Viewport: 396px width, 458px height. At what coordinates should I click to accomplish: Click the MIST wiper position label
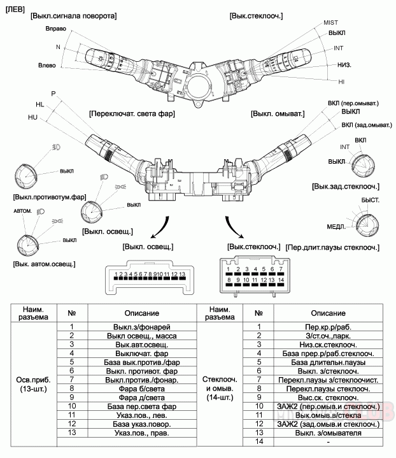tap(330, 23)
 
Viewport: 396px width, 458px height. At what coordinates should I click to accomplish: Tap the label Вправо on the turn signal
tap(56, 29)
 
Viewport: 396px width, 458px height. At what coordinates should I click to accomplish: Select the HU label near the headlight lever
tap(32, 117)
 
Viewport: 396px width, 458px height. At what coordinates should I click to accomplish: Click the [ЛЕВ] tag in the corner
tap(15, 10)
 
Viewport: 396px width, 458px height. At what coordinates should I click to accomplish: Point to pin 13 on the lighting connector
tap(182, 276)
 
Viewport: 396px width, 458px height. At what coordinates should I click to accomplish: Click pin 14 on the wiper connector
tap(281, 282)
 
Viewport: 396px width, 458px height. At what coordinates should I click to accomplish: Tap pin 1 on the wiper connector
tap(229, 271)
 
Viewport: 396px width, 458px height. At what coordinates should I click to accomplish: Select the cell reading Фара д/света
tap(141, 397)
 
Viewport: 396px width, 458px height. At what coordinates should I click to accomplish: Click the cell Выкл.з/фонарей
tap(141, 327)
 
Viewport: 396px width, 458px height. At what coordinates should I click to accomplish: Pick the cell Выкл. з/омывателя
tap(329, 433)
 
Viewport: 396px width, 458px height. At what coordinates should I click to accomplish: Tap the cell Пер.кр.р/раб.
tap(329, 327)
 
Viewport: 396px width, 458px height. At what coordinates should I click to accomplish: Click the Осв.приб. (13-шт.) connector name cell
tap(34, 384)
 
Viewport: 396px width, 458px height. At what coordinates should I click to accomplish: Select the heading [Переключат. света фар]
tap(132, 113)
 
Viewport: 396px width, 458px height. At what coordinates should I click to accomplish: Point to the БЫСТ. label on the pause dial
tap(371, 201)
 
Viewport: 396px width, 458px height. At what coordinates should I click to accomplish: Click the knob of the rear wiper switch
tap(363, 166)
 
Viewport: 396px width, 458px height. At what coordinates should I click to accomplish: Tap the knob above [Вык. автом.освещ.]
tap(28, 246)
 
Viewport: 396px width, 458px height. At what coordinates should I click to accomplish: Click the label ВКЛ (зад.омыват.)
tap(367, 125)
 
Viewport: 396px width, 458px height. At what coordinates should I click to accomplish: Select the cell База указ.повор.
tap(141, 424)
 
